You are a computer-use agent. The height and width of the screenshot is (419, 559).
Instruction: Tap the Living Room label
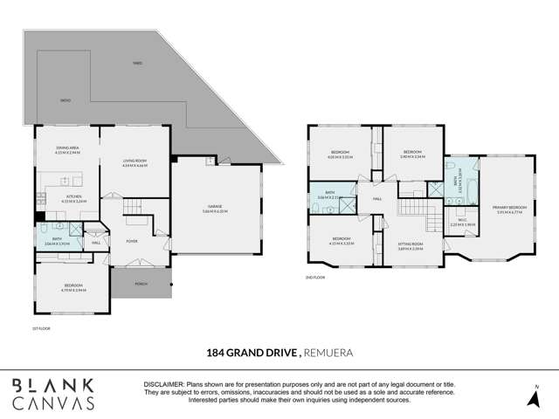[x=134, y=162]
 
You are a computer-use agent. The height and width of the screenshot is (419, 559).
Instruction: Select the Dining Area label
[x=67, y=149]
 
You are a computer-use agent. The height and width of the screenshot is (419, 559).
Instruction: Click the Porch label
[x=141, y=284]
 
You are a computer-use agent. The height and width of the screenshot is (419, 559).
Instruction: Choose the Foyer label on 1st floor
[x=132, y=241]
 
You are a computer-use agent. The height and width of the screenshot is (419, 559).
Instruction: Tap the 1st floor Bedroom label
[x=72, y=285]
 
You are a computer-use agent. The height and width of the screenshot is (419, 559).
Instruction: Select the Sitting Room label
[x=411, y=247]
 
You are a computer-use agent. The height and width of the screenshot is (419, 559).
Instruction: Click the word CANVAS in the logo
[x=53, y=402]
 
